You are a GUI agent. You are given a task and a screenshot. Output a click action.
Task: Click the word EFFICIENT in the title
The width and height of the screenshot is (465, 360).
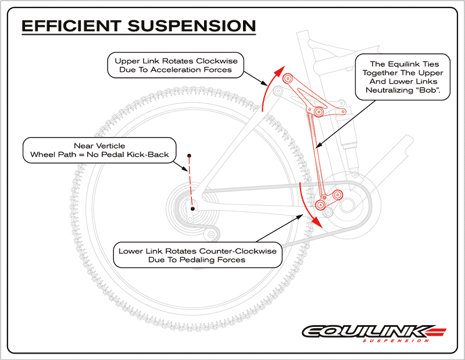71,26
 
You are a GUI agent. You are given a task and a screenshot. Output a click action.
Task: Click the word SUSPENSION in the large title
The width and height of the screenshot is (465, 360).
192,26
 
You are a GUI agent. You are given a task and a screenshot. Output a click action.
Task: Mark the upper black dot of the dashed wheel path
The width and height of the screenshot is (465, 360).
189,156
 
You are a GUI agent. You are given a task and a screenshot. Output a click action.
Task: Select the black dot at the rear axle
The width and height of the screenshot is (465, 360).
192,208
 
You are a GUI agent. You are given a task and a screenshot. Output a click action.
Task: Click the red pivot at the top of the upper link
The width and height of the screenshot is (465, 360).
287,79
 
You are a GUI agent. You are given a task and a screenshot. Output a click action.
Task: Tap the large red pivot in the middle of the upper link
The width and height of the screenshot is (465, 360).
319,112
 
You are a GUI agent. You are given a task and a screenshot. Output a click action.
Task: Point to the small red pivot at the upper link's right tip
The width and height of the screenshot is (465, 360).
344,111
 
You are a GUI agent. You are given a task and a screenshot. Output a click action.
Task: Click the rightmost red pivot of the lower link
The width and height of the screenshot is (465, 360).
338,195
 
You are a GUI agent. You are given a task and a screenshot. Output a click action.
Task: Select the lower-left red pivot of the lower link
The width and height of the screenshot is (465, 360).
320,205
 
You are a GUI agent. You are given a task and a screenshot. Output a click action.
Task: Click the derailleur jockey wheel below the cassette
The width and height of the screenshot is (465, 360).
211,235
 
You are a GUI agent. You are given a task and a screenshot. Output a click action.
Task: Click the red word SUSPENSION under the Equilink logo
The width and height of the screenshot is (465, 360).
396,340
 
